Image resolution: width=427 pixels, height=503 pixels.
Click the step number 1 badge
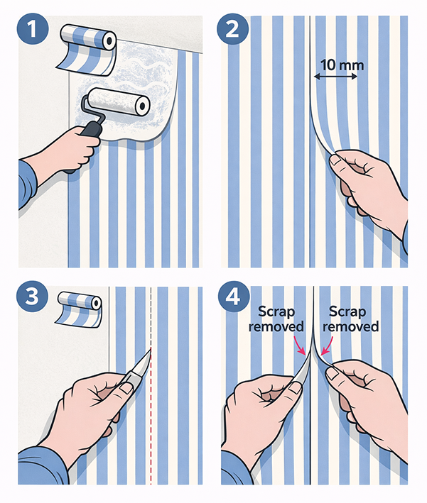[x=32, y=28]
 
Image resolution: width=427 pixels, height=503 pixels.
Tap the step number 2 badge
[x=232, y=28]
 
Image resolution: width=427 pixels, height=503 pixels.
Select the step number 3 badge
[x=32, y=295]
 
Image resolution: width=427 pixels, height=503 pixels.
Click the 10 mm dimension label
[x=342, y=65]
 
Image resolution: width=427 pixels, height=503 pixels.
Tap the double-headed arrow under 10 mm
[x=335, y=77]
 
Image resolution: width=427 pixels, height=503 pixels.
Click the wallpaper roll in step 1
[x=87, y=48]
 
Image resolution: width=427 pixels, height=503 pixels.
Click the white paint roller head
[x=119, y=101]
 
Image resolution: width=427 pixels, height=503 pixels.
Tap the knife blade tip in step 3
[x=151, y=349]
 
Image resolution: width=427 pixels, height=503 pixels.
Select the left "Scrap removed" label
[x=276, y=319]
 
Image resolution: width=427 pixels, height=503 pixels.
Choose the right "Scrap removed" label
[x=350, y=319]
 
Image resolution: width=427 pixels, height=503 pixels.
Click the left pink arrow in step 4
[x=299, y=346]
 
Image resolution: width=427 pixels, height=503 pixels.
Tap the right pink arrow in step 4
[x=327, y=346]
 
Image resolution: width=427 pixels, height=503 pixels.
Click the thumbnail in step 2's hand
[x=336, y=160]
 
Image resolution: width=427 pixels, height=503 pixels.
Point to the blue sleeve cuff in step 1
[x=28, y=184]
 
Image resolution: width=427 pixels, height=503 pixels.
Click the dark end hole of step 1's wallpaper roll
[x=109, y=40]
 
